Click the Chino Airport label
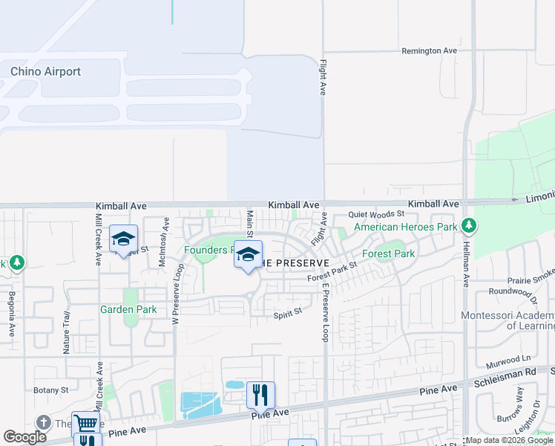[45, 72]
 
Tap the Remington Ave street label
[429, 51]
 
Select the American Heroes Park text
[404, 227]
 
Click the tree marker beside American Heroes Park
[468, 224]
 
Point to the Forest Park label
[388, 253]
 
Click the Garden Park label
[128, 308]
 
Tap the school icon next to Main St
[248, 254]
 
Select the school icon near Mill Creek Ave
[124, 239]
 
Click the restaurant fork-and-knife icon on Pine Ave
[260, 394]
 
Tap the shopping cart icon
[86, 424]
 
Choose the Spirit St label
[288, 313]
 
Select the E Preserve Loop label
[325, 313]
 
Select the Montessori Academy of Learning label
[508, 321]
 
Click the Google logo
[24, 437]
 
